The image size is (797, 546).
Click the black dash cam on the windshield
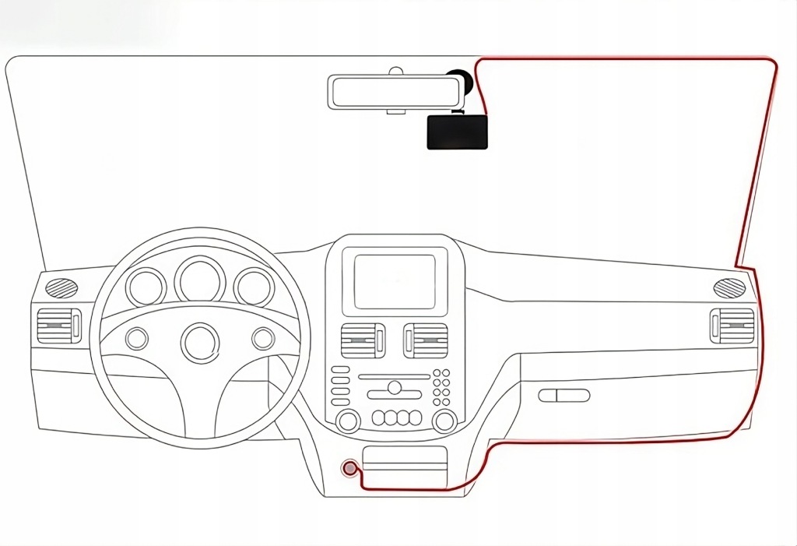tap(457, 132)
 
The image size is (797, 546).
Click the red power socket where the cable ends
tap(351, 468)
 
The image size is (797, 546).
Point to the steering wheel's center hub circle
tap(199, 341)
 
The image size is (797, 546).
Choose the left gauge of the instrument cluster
tap(146, 287)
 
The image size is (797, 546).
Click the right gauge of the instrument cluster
tap(254, 287)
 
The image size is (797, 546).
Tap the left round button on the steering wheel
tap(136, 339)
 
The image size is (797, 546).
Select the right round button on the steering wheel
tap(263, 339)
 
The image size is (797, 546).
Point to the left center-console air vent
tap(363, 340)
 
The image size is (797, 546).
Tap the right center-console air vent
tap(425, 340)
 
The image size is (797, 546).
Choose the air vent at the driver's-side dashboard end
tap(58, 326)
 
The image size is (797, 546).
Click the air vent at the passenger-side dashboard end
tap(732, 326)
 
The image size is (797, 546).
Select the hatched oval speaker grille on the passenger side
tap(730, 287)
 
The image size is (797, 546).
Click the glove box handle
tap(564, 395)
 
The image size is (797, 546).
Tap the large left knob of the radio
tap(347, 421)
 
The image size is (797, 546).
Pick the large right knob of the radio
tap(444, 421)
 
